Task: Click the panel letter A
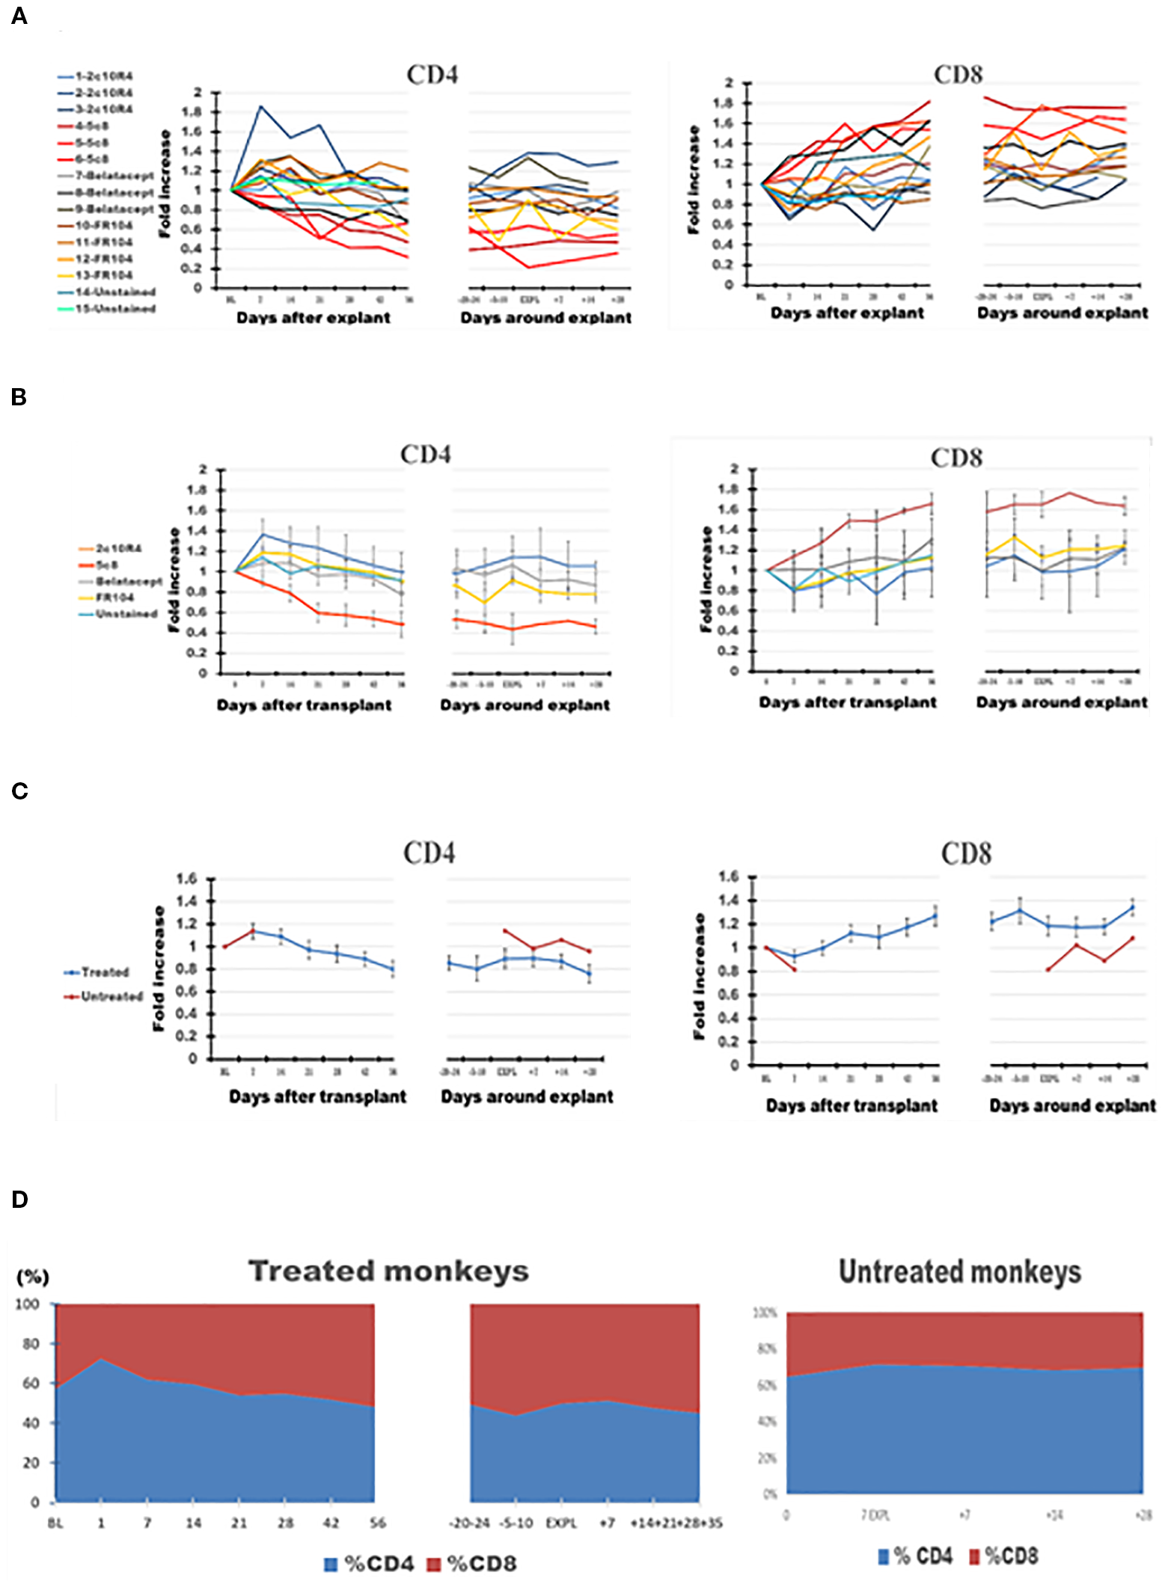(x=19, y=16)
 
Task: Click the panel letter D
(x=20, y=1200)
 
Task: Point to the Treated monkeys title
(x=388, y=1271)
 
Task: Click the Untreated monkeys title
(x=959, y=1271)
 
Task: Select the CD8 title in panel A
(x=958, y=75)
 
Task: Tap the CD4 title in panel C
(x=429, y=853)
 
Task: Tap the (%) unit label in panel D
(x=32, y=1277)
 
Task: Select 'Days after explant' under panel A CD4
(x=314, y=318)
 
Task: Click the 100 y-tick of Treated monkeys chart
(x=28, y=1304)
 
